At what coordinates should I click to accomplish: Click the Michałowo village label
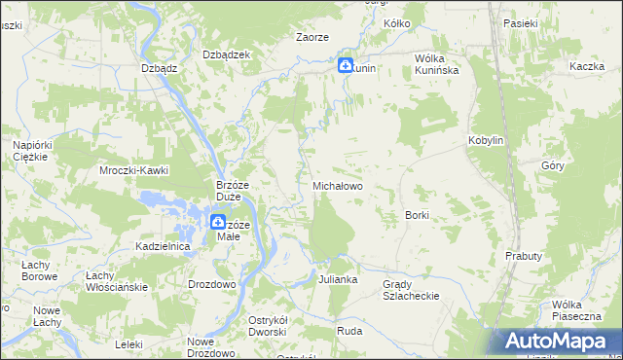(337, 184)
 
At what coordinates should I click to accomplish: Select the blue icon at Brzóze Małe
(219, 223)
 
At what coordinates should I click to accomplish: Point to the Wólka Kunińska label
(443, 64)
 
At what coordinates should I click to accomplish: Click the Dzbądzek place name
(227, 54)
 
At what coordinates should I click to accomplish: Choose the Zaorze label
(312, 37)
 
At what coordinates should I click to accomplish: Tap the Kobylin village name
(486, 140)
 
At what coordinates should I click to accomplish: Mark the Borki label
(417, 214)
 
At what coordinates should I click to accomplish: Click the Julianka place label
(338, 279)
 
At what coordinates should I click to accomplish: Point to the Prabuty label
(523, 255)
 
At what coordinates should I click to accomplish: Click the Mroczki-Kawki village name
(134, 170)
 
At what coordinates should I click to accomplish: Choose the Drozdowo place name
(211, 284)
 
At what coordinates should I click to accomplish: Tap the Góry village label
(552, 165)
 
